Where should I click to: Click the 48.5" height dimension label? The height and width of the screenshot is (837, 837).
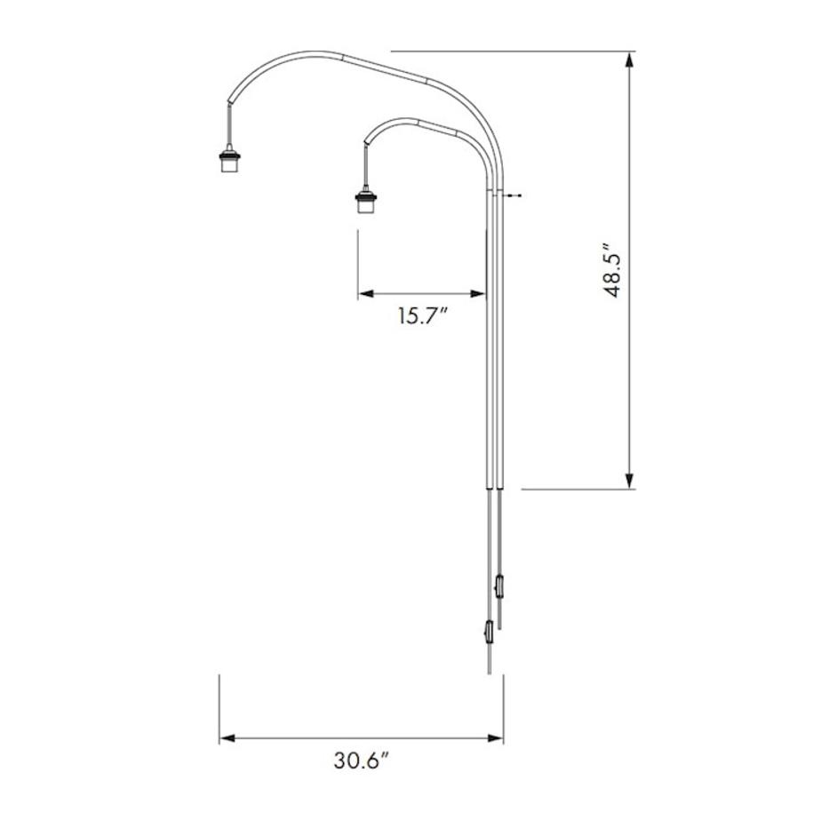tap(612, 269)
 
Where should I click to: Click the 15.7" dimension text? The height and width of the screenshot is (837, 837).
tap(422, 316)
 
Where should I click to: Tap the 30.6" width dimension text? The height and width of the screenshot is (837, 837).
tap(363, 761)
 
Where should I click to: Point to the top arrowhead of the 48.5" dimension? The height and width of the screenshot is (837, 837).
tap(630, 59)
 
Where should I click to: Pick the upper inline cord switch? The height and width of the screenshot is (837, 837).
tap(500, 586)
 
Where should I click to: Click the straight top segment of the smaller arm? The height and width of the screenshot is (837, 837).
tap(435, 125)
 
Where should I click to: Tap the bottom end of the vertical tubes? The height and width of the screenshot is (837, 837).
tap(494, 486)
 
